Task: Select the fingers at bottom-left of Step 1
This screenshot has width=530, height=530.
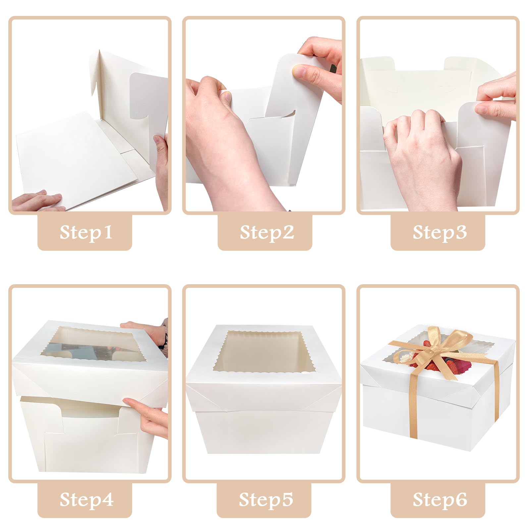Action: [x=40, y=200]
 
